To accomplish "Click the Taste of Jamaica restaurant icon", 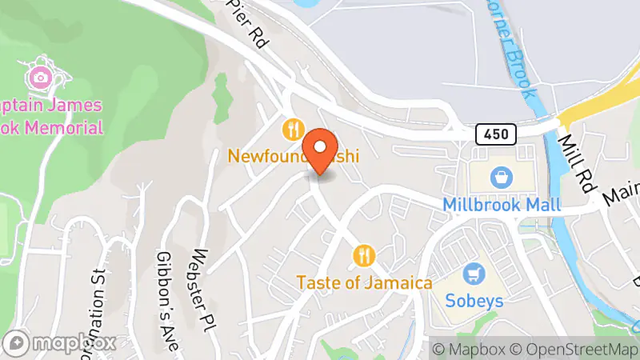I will coord(364,256).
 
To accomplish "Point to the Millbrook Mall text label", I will coord(502,204).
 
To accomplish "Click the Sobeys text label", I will coord(475,301).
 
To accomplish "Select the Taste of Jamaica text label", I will coord(364,282).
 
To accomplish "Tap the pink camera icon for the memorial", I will coord(38,78).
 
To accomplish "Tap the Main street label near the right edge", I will coord(622,193).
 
